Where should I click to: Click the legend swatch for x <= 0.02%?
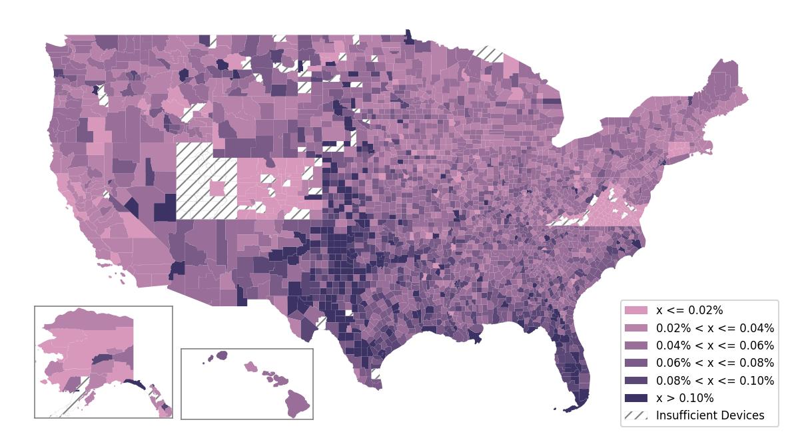635,310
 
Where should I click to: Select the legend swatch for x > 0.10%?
635,398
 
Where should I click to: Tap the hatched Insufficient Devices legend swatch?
635,415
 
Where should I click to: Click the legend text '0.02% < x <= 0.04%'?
715,328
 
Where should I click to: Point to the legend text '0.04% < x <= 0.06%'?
715,345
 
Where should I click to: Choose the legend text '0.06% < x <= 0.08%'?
715,363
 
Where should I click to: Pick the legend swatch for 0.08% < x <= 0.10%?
635,381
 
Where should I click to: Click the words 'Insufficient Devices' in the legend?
710,415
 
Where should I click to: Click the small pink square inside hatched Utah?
217,188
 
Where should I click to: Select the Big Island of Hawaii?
298,403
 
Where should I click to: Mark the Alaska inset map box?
103,361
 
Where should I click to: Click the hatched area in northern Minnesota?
489,53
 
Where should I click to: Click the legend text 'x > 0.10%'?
685,398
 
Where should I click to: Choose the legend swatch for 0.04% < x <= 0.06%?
635,345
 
